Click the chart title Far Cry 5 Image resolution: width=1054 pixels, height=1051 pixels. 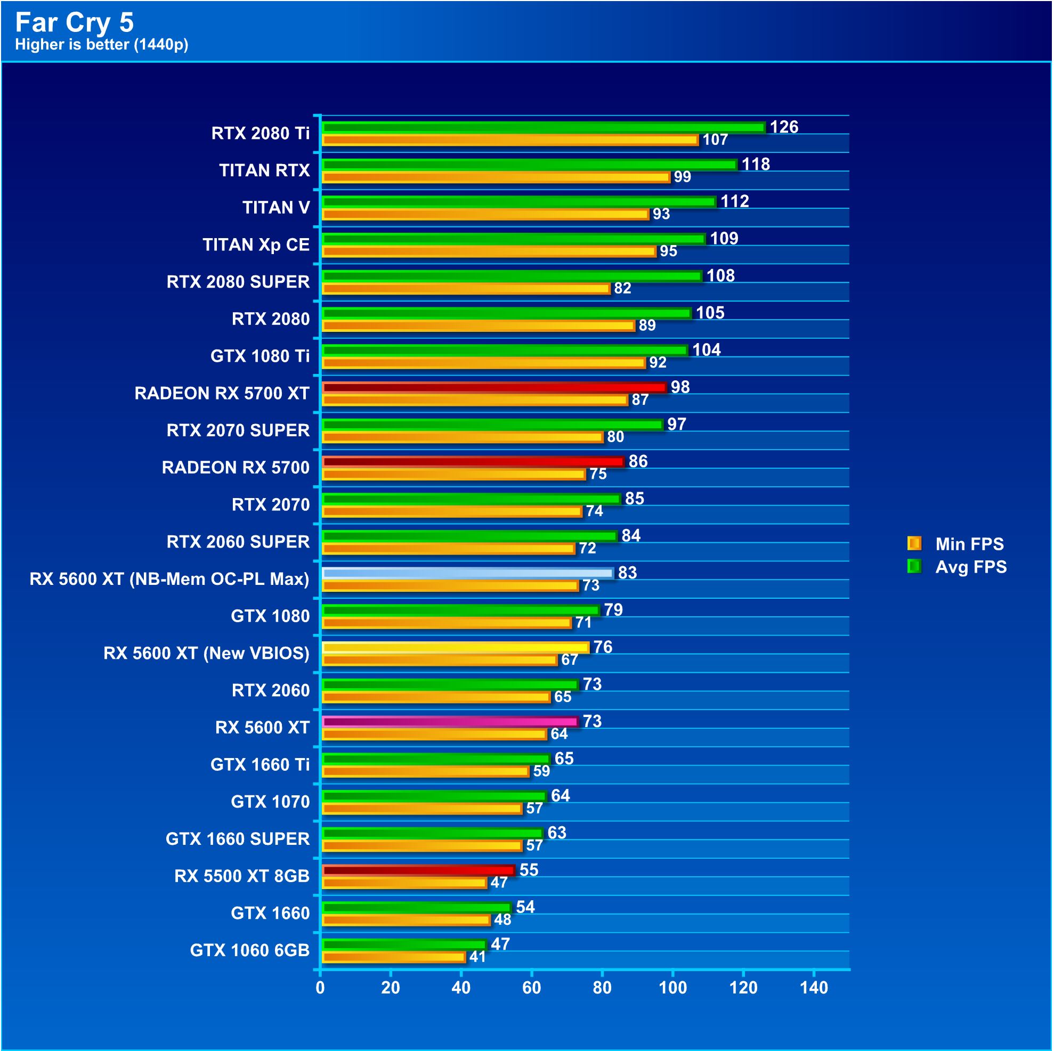[74, 22]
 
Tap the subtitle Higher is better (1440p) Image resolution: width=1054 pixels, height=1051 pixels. [101, 45]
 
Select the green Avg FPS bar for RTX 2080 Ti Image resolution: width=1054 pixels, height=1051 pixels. [544, 127]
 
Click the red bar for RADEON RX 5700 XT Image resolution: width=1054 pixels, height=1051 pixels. [494, 387]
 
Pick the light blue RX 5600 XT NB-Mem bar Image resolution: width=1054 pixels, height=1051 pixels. [467, 573]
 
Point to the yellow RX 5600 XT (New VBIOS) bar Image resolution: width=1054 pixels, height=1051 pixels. [455, 647]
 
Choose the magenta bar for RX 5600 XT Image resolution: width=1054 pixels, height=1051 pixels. [450, 722]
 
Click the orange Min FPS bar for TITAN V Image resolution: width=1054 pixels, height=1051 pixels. [485, 214]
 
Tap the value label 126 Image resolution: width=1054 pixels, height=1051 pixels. [783, 127]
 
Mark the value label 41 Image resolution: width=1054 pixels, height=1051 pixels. [477, 957]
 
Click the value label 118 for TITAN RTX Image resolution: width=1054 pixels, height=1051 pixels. [755, 164]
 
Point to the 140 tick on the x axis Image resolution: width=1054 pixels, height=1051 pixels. [813, 988]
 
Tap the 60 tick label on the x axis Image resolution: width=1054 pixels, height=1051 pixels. [531, 988]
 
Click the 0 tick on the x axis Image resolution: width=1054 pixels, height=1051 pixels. [320, 988]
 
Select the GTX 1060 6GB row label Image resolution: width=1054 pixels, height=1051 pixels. [249, 951]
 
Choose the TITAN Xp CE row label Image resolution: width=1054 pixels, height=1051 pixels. [256, 245]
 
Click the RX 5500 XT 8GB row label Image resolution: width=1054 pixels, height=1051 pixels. [242, 876]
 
